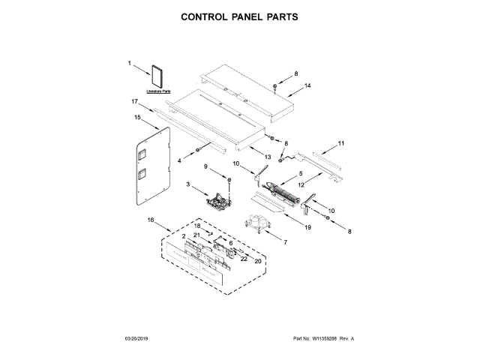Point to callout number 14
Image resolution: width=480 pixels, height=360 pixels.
[307, 87]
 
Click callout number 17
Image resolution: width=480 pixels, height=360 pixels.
[135, 101]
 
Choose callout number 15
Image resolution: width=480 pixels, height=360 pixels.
[138, 117]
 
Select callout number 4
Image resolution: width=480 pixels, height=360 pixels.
[179, 160]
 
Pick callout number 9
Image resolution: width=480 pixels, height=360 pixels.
[205, 166]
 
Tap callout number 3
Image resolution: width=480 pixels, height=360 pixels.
[187, 185]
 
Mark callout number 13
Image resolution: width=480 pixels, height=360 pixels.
[266, 157]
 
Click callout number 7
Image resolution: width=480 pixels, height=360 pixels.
[284, 241]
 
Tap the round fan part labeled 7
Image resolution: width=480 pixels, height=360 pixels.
[258, 223]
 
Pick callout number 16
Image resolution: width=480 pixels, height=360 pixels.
[151, 220]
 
